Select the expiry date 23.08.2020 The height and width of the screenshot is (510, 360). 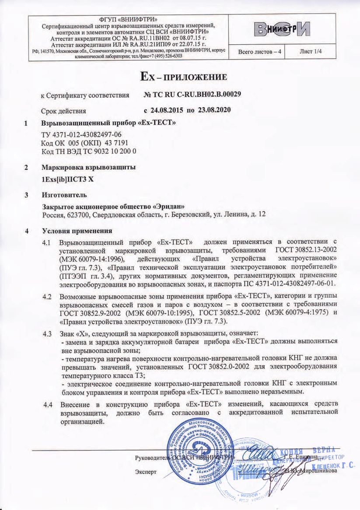click(x=215, y=110)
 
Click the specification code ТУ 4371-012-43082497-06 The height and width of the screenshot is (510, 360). click(x=81, y=135)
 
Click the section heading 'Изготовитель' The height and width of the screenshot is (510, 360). click(x=61, y=194)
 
